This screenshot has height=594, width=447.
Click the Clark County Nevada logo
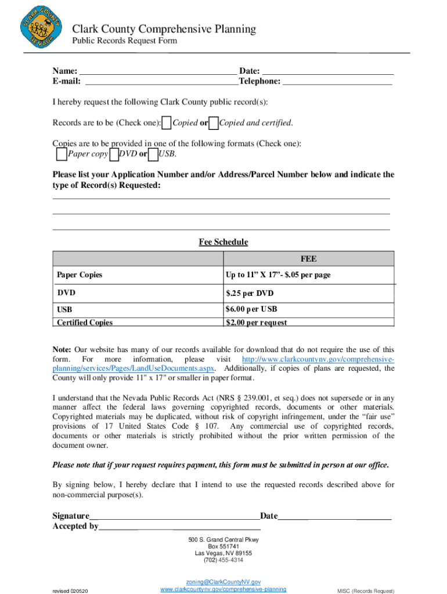coord(41,28)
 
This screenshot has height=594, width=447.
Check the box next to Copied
coord(167,123)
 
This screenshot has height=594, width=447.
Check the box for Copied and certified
coord(214,123)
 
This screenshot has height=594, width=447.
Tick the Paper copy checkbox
coord(62,154)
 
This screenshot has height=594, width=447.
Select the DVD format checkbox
coord(114,154)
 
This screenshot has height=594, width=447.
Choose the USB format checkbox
coord(153,154)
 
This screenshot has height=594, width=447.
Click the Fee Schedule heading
coord(223,242)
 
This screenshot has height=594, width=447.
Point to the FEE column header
coord(308,259)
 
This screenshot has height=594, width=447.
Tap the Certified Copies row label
coord(85,323)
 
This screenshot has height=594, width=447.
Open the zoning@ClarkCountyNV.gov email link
coord(223,581)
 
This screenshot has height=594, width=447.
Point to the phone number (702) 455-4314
coord(223,560)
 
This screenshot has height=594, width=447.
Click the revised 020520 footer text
coord(70,591)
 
